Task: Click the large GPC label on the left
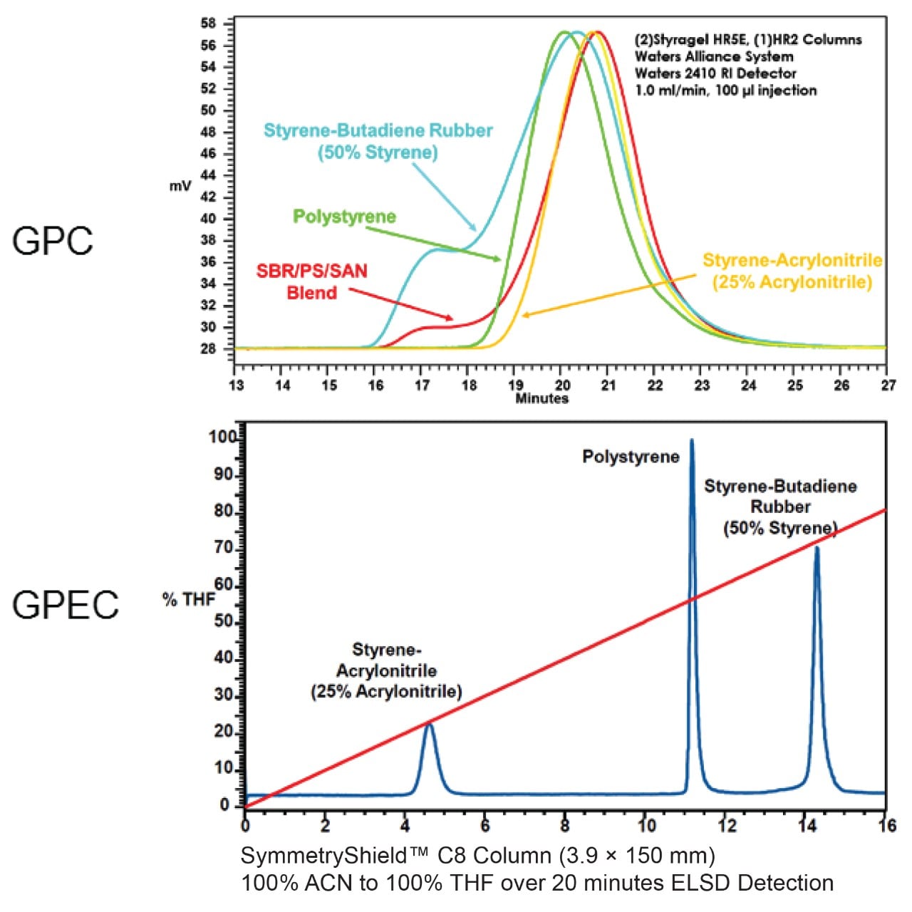pyautogui.click(x=52, y=241)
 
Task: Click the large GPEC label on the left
pyautogui.click(x=65, y=605)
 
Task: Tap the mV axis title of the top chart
pyautogui.click(x=180, y=186)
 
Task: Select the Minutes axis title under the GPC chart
pyautogui.click(x=541, y=398)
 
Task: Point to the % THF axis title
pyautogui.click(x=188, y=599)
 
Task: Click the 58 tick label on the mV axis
pyautogui.click(x=208, y=24)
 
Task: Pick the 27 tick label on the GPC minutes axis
pyautogui.click(x=887, y=385)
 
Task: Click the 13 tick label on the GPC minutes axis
pyautogui.click(x=236, y=385)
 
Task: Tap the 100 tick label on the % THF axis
pyautogui.click(x=222, y=437)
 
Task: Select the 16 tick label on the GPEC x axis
pyautogui.click(x=886, y=826)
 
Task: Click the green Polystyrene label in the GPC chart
pyautogui.click(x=344, y=217)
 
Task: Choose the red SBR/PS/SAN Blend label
pyautogui.click(x=311, y=281)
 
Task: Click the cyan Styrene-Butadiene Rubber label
pyautogui.click(x=378, y=141)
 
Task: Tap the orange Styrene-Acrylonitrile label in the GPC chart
pyautogui.click(x=792, y=271)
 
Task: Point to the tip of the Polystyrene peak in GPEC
pyautogui.click(x=691, y=440)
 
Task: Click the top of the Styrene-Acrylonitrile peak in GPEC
pyautogui.click(x=429, y=724)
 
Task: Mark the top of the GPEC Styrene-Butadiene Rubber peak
pyautogui.click(x=817, y=547)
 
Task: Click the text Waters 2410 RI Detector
pyautogui.click(x=715, y=73)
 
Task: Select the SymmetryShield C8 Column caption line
pyautogui.click(x=477, y=855)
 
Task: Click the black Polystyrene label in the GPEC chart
pyautogui.click(x=631, y=457)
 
